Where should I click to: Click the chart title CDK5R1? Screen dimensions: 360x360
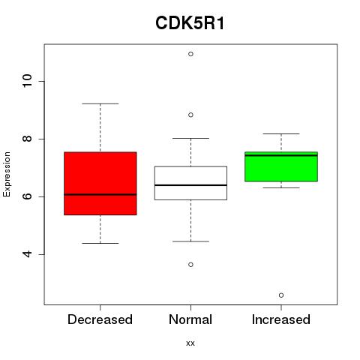(x=190, y=23)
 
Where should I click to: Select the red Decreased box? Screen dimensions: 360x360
(x=100, y=183)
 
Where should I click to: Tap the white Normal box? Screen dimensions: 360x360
(x=190, y=183)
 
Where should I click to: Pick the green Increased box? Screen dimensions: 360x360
(x=281, y=166)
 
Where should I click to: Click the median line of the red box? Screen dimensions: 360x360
(x=100, y=194)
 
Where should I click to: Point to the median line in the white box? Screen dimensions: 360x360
(x=190, y=185)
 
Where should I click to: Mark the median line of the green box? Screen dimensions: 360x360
(x=281, y=155)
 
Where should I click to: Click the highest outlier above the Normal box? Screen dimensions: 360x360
(x=190, y=54)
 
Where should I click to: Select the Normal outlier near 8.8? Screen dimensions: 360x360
(x=190, y=115)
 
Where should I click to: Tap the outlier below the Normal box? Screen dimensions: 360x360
(x=190, y=265)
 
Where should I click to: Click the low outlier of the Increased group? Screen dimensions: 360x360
(x=281, y=295)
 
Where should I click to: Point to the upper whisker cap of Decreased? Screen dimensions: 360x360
(x=100, y=103)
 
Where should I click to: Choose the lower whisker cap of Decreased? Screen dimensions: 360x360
(x=100, y=243)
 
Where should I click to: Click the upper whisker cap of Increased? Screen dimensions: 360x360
(x=281, y=133)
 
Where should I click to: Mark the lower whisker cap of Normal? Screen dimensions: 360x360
(x=190, y=241)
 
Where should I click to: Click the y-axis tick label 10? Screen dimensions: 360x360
(x=27, y=81)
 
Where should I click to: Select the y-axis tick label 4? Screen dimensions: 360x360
(x=27, y=254)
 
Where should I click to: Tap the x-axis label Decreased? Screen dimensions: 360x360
(x=100, y=319)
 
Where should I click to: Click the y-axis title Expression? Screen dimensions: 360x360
(x=7, y=174)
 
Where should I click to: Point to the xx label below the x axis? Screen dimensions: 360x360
(x=190, y=343)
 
